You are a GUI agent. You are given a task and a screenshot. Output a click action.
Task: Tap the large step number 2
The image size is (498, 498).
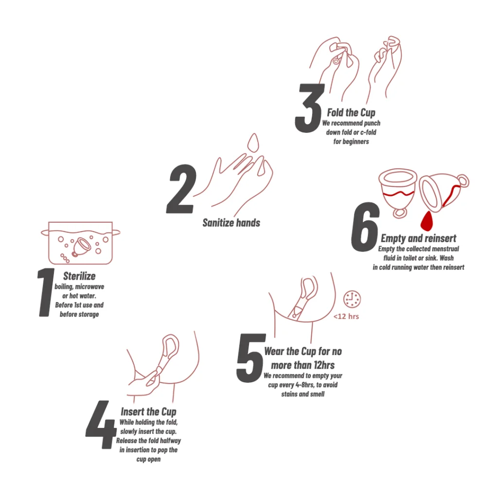tap(181, 189)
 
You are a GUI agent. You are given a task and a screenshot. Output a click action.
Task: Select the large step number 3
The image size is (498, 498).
tap(309, 108)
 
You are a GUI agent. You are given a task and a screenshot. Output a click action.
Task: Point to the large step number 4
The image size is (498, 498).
tap(101, 425)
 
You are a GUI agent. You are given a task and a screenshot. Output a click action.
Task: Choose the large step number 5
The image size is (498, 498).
tap(251, 358)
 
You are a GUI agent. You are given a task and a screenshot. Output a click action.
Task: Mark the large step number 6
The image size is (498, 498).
tap(365, 227)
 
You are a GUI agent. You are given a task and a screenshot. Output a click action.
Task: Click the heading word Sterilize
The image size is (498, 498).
tap(79, 276)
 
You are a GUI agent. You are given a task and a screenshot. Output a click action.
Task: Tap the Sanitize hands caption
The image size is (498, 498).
tap(231, 223)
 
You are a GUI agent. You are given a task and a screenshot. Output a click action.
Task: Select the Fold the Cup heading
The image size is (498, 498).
tap(351, 112)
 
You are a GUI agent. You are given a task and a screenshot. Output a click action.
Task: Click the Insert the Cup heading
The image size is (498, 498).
tap(148, 411)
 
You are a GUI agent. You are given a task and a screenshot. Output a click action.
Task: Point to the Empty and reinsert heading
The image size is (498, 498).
tap(418, 238)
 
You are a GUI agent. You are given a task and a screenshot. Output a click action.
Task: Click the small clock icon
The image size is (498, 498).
tap(352, 299)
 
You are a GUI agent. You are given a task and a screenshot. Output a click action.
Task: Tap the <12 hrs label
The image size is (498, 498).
tap(346, 316)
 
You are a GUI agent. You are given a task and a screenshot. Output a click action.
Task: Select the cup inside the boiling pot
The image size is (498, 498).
tap(81, 247)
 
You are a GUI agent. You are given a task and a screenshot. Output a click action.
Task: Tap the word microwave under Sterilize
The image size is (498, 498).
tap(89, 287)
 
